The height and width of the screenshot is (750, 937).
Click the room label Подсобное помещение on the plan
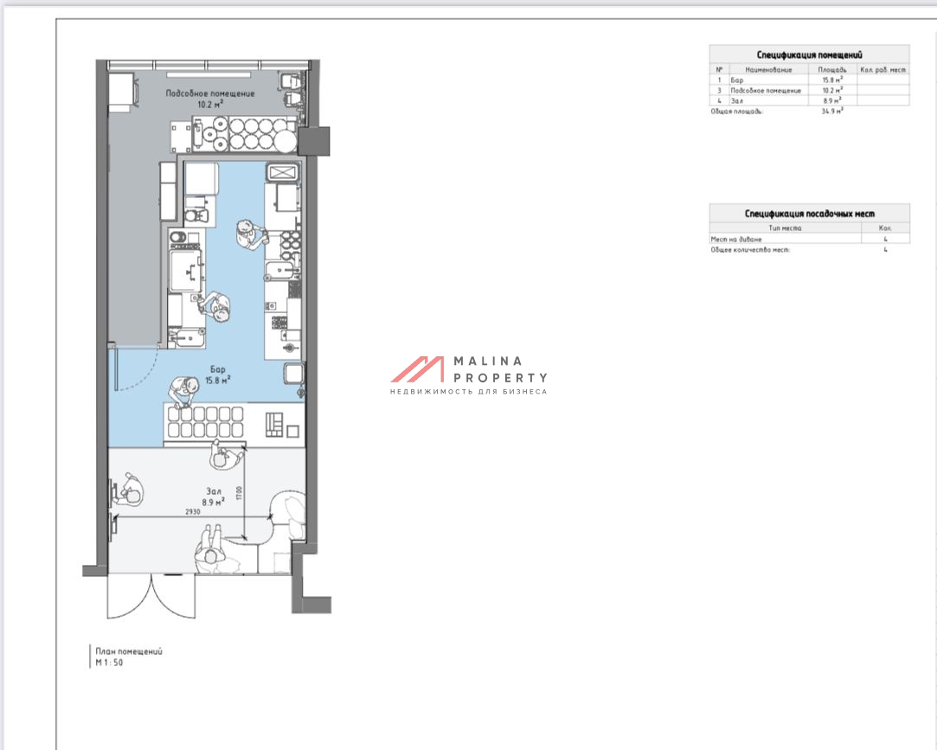pos(209,93)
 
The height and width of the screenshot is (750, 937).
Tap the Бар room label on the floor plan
pos(217,369)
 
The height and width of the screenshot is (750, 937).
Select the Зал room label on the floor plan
pos(214,491)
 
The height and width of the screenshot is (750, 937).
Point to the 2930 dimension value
pos(192,512)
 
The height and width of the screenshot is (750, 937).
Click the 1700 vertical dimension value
pos(239,494)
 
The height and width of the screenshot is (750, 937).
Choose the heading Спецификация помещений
pos(809,55)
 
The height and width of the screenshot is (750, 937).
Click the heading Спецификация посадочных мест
pos(809,214)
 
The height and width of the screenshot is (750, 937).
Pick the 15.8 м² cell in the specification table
pos(832,80)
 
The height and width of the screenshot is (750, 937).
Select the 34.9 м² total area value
pos(832,111)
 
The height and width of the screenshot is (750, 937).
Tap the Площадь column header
pos(831,70)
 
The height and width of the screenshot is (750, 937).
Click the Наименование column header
pos(768,70)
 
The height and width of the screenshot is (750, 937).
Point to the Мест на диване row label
pos(736,239)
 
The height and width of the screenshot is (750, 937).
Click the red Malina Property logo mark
pos(418,369)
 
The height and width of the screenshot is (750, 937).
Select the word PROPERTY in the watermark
pos(500,378)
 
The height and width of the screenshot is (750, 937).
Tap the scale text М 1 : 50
pos(109,663)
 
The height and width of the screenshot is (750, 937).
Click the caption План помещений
pos(129,651)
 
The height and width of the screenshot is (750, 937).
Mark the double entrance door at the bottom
pos(151,596)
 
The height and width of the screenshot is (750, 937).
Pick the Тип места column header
pos(786,228)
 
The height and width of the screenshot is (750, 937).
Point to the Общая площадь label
pos(737,111)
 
